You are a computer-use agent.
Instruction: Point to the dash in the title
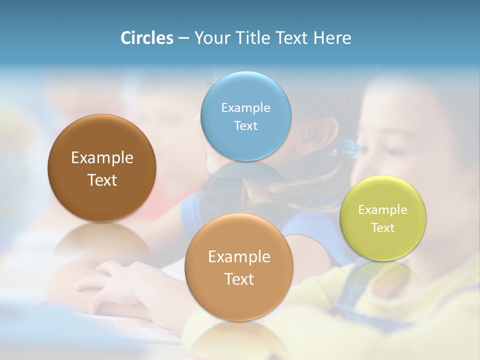pos(183,38)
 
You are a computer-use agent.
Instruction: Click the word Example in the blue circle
pos(245,107)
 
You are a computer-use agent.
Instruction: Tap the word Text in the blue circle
pos(245,125)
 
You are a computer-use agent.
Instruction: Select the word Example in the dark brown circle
pos(102,157)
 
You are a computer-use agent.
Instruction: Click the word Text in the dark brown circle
pos(102,180)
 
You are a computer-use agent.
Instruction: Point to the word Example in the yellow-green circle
pos(383,209)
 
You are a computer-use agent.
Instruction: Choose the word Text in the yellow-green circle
pos(383,227)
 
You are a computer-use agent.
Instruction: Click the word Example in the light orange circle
pos(238,256)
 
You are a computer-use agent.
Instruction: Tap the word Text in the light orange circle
pos(238,279)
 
